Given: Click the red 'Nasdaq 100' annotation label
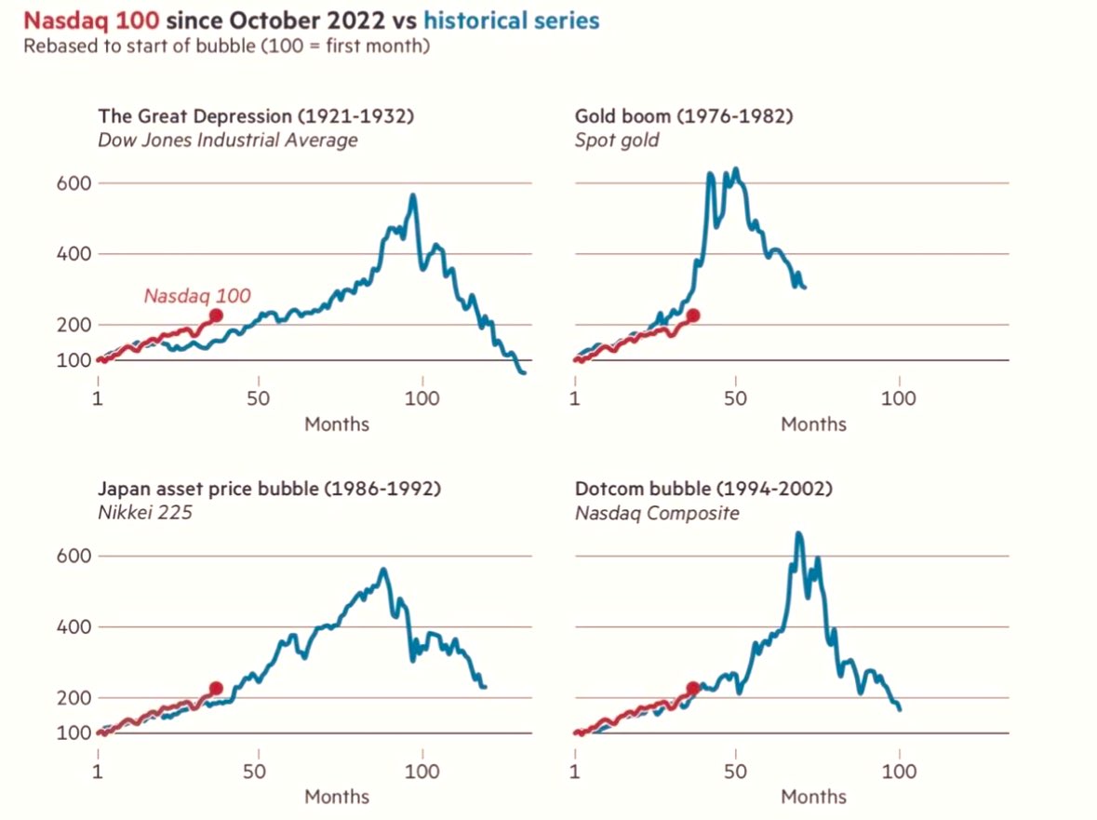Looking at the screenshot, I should [197, 296].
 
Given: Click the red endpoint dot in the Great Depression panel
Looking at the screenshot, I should [216, 316].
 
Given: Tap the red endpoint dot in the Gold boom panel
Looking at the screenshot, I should [692, 316].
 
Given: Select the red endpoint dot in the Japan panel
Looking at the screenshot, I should [216, 688].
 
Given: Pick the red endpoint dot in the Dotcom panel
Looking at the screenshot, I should [692, 688].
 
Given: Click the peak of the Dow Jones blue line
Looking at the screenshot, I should [412, 195].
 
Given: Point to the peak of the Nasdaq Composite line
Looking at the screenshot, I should [798, 533].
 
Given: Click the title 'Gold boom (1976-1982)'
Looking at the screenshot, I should [683, 116].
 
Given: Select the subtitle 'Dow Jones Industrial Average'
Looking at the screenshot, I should [227, 141].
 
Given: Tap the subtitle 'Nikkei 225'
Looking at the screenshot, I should [144, 512].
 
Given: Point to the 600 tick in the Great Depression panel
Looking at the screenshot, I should [74, 183].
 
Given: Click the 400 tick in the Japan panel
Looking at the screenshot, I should [74, 626].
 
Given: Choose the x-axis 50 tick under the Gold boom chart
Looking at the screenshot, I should [735, 399].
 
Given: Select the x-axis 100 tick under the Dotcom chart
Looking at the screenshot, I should [898, 772].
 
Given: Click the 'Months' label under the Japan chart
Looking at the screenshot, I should [337, 797].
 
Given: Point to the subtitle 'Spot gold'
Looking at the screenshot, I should [616, 141].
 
